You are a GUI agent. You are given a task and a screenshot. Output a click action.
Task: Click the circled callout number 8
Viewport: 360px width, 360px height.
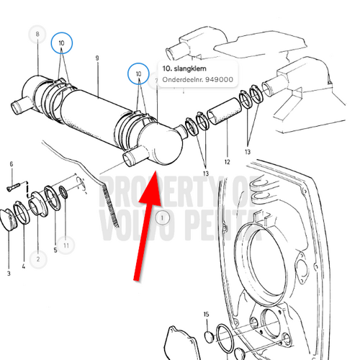click(38, 33)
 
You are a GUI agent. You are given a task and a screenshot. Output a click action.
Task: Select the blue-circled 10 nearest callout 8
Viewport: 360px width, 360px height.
click(61, 44)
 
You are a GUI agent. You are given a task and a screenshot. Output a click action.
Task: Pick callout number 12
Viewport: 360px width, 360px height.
click(227, 161)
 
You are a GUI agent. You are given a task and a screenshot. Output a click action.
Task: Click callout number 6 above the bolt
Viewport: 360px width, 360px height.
click(12, 165)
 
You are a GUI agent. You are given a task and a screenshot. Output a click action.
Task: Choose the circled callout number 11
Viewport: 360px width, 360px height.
click(66, 246)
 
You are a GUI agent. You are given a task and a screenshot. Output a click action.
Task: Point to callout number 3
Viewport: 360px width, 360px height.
click(9, 274)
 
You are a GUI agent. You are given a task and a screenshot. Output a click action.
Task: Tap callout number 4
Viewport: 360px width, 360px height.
click(23, 267)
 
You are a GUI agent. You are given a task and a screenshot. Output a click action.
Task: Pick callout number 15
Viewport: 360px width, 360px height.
click(205, 315)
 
